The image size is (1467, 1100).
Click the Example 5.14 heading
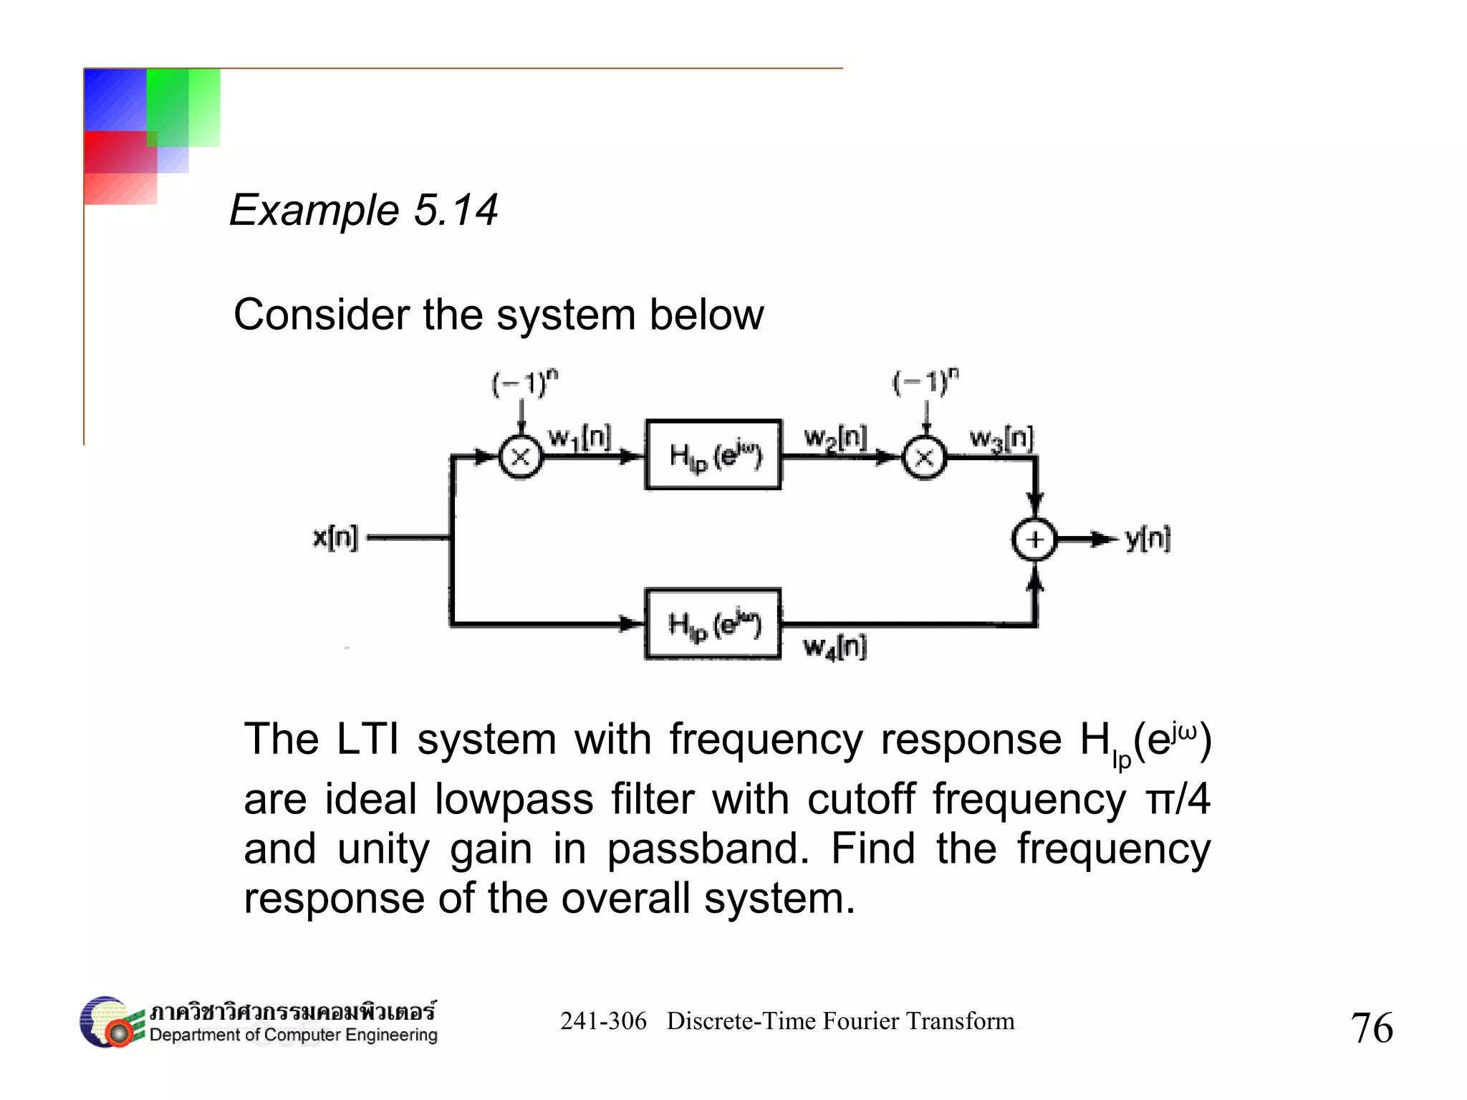(363, 210)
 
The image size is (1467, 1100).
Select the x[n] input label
(335, 537)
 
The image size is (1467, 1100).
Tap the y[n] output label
(1148, 538)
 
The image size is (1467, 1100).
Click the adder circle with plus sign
(1034, 540)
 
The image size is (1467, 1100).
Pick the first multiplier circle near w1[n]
(521, 456)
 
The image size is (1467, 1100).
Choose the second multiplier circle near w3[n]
(924, 457)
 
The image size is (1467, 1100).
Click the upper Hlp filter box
(713, 455)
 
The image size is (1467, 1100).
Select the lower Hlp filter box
(713, 624)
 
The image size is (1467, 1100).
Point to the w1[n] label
(579, 437)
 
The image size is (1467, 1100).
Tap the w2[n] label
(835, 437)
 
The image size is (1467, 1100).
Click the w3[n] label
(1001, 438)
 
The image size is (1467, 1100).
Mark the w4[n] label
(835, 647)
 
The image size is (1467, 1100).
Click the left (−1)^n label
(524, 383)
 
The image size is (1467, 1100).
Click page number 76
(1371, 1028)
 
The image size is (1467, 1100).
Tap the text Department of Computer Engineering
(293, 1035)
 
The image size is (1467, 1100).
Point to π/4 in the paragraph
(1178, 799)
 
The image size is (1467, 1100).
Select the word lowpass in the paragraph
(514, 799)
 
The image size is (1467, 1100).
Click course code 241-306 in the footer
(603, 1020)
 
